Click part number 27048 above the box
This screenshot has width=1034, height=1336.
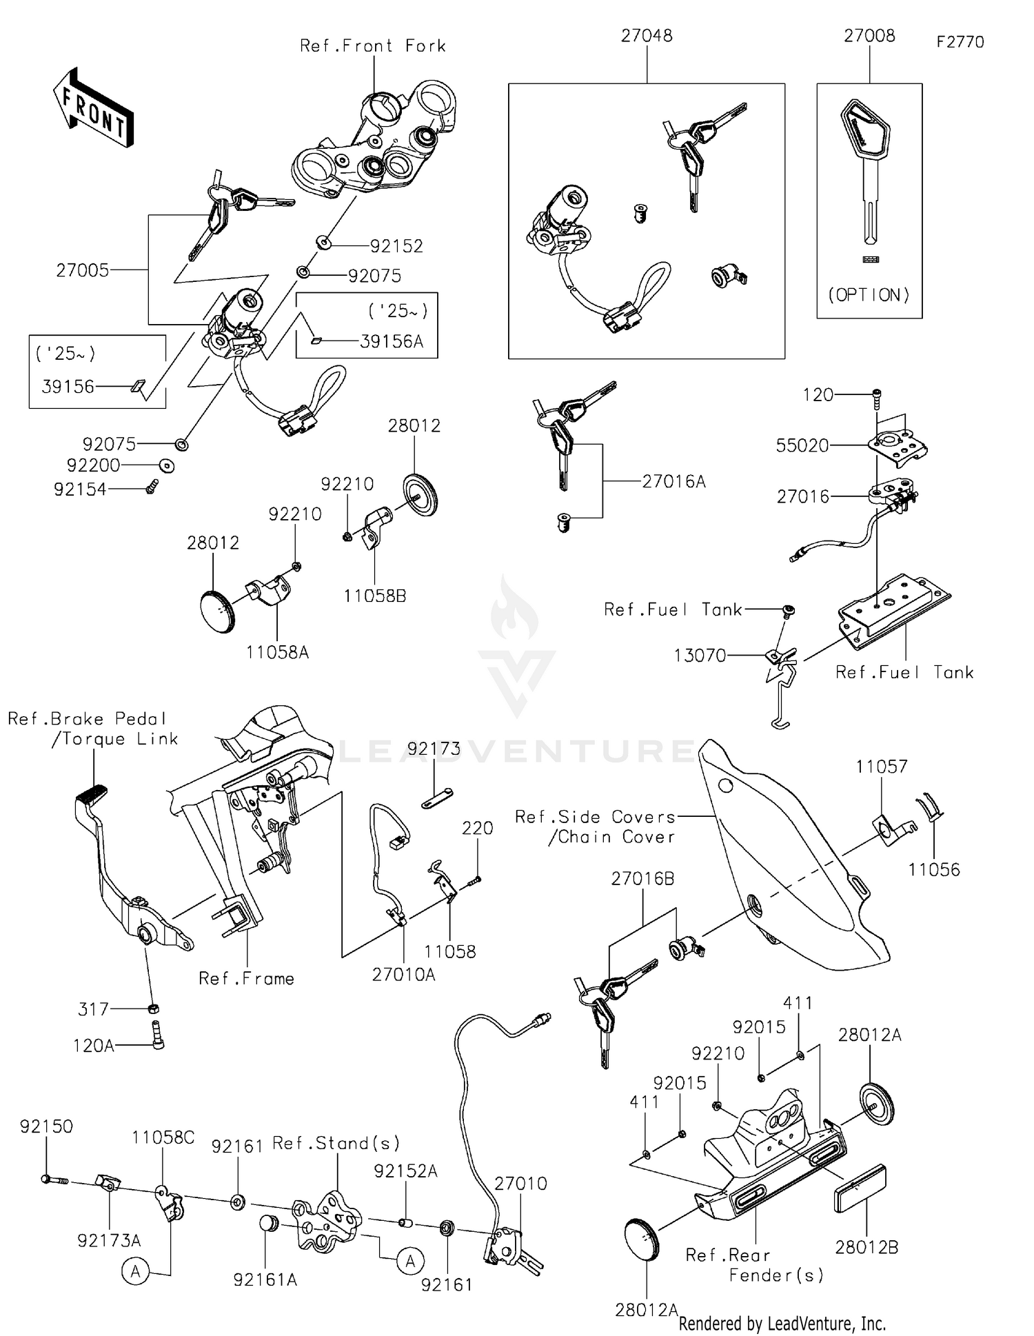point(646,36)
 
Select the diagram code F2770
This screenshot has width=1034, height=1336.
point(960,42)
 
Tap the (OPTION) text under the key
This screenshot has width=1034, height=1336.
point(869,295)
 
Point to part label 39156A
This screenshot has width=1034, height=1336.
point(391,342)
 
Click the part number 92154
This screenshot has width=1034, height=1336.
point(80,489)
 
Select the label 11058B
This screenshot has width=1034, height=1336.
point(375,596)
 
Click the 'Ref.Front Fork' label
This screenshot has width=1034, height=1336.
point(372,46)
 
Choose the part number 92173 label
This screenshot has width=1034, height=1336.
point(434,749)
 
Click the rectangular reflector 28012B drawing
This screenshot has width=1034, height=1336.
point(860,1188)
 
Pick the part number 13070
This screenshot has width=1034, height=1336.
point(700,656)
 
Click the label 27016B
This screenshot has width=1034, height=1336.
point(642,879)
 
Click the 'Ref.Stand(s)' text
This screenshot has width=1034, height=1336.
point(336,1144)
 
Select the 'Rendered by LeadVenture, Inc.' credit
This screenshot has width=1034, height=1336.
point(782,1323)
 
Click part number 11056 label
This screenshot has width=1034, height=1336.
point(933,870)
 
